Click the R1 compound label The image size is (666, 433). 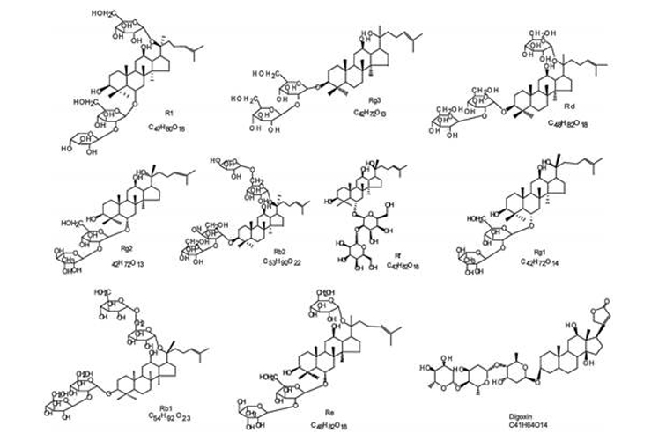click(168, 114)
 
